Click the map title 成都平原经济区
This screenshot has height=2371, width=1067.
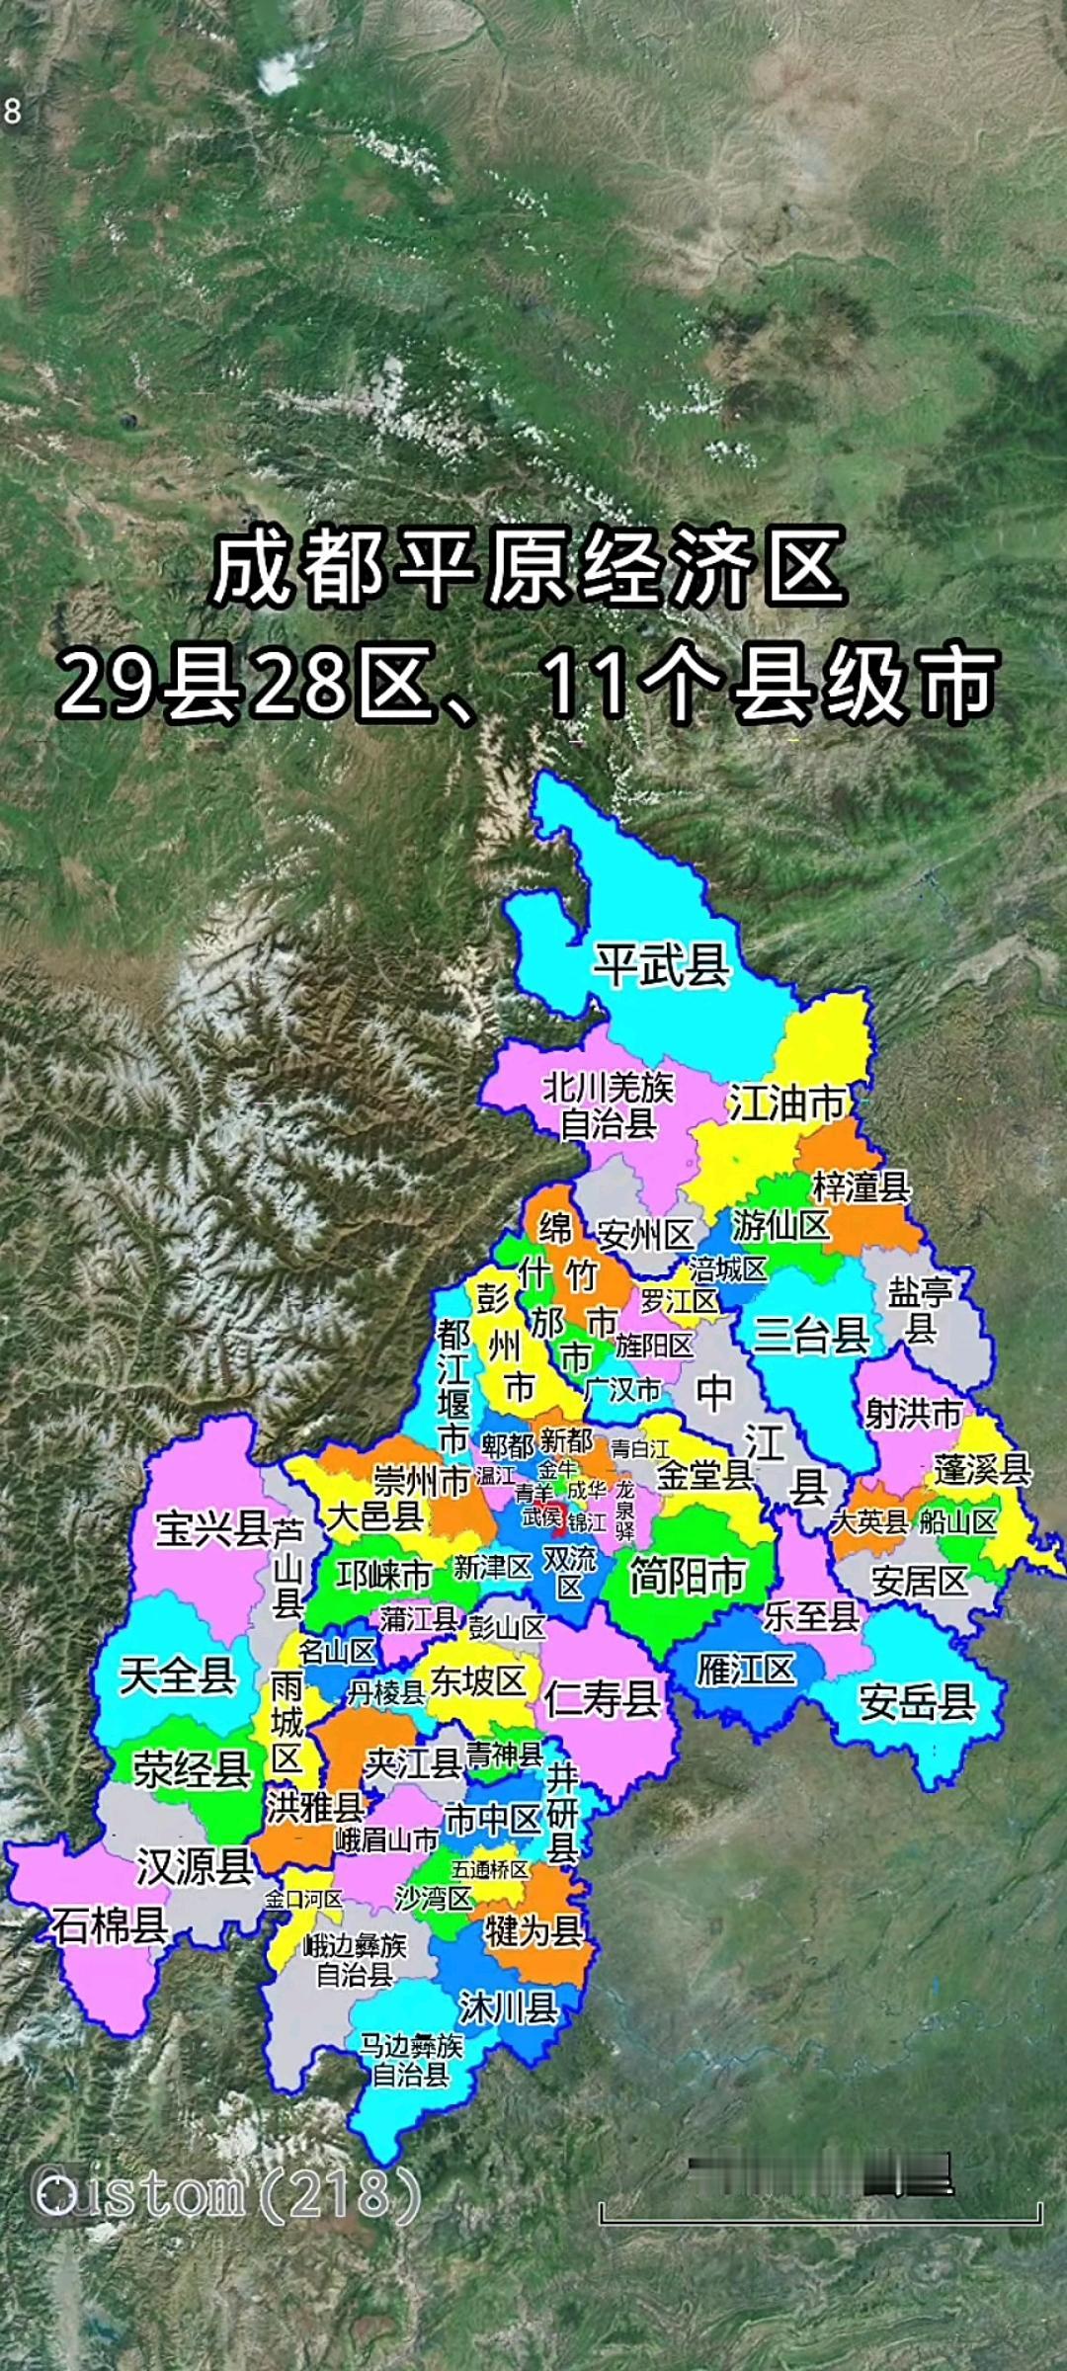[x=529, y=568]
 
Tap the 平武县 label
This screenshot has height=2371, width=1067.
[x=661, y=964]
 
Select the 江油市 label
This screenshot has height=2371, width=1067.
[x=787, y=1104]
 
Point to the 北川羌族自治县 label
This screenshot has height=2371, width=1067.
[x=608, y=1106]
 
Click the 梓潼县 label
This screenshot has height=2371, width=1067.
[x=861, y=1186]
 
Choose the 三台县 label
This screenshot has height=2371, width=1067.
[x=811, y=1336]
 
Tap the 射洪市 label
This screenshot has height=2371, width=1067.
[x=913, y=1413]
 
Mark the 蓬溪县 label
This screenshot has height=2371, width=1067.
[x=982, y=1469]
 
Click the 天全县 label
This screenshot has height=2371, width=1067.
[x=178, y=1676]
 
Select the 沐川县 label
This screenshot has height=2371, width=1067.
[x=508, y=2006]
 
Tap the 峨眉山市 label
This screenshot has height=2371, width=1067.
[x=385, y=1840]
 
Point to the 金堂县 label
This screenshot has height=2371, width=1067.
[x=704, y=1475]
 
